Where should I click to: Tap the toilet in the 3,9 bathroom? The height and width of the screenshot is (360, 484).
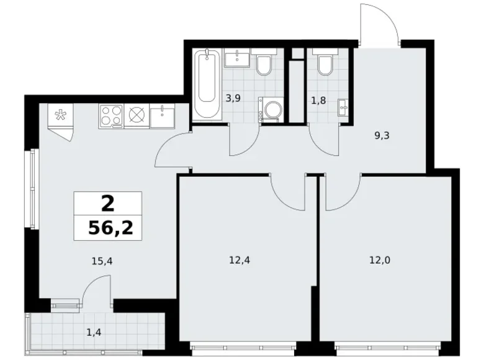point(262,64)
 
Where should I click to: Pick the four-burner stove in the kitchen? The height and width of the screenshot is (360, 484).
point(111,116)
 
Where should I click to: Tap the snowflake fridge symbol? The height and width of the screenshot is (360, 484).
point(61,115)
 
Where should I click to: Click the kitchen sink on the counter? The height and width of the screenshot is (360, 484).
point(162,115)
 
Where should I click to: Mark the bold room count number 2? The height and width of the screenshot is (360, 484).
point(107,202)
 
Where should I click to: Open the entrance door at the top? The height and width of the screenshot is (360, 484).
point(379,22)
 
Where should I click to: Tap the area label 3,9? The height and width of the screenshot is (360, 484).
point(234,97)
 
